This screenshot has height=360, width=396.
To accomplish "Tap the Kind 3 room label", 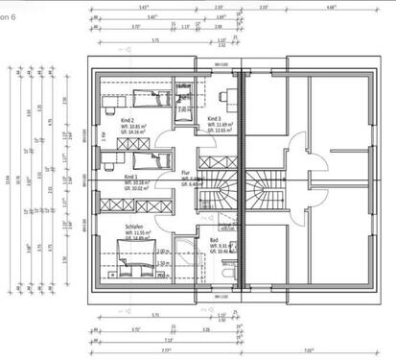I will pos(215,118).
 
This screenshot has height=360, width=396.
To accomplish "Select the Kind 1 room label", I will pos(130,178).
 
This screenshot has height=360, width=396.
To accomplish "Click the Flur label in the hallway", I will pos(186,173).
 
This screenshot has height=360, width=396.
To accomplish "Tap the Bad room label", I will pos(212,241).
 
